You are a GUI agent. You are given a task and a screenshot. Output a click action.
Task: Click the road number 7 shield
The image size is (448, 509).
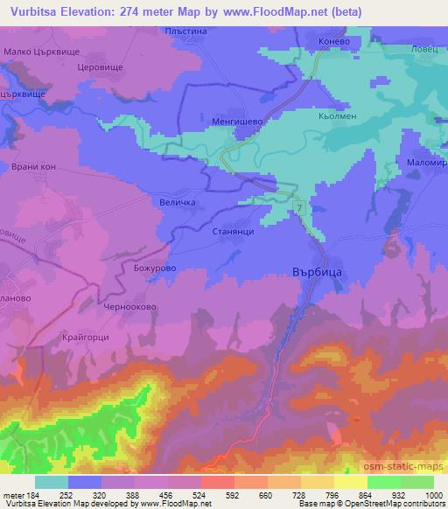pos(299,208)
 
